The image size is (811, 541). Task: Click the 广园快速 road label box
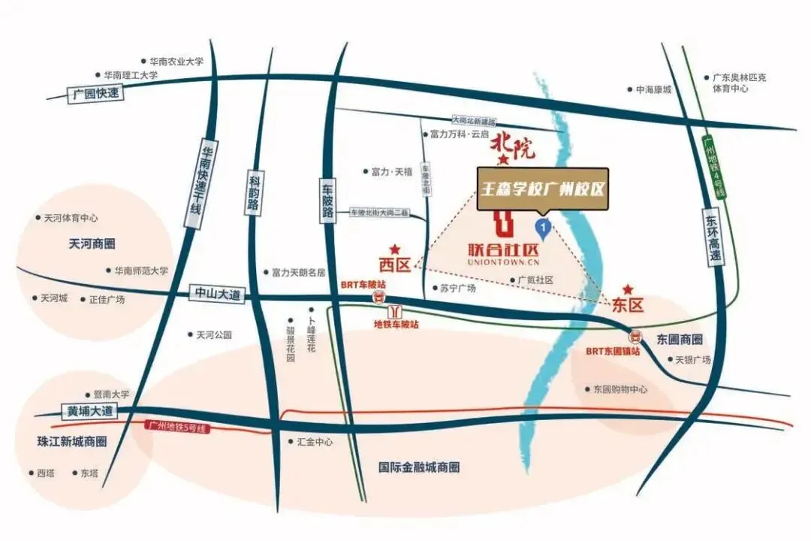[x=93, y=94]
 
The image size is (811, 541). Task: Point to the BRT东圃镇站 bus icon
[x=635, y=337]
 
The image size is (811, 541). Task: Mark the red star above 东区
[x=628, y=289]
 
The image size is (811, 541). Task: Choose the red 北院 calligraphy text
[x=513, y=146]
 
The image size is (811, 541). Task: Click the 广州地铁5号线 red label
[x=175, y=427]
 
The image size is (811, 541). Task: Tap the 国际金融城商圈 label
[x=419, y=467]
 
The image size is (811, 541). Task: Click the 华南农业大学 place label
[x=176, y=62]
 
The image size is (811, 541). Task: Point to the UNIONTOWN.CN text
[x=502, y=263]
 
